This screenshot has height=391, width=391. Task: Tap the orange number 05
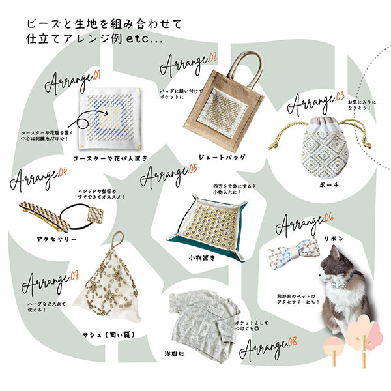click(193, 168)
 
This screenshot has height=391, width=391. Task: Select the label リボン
click(333, 239)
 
